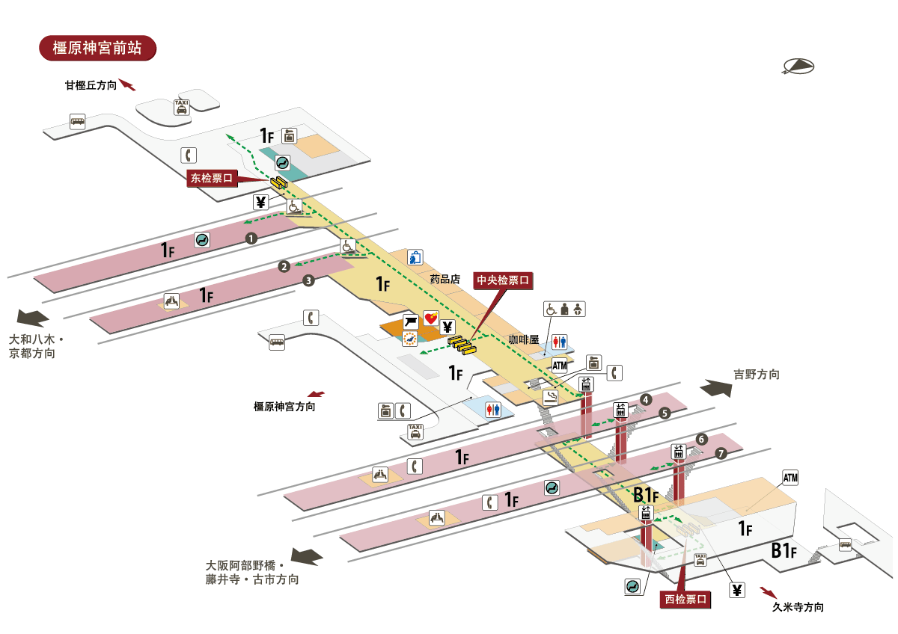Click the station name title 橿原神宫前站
(97, 48)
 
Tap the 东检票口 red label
(213, 178)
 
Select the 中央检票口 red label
(504, 280)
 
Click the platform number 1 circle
(251, 238)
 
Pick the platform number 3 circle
(308, 281)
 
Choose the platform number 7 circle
(721, 453)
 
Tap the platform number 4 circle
(645, 399)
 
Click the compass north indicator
(798, 67)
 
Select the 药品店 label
(444, 279)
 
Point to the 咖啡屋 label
(524, 339)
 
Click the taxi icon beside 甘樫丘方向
(181, 107)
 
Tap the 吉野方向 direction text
(757, 375)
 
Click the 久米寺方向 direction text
(798, 607)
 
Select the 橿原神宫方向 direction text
(284, 407)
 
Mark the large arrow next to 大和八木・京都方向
(33, 317)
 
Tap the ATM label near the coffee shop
(560, 365)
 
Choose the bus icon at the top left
(78, 121)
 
